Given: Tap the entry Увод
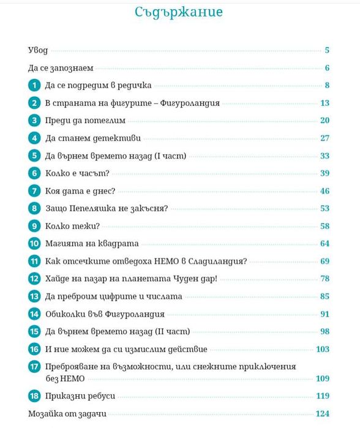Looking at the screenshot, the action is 38,50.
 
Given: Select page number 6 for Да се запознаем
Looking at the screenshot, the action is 328,68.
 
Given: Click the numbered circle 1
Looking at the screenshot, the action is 34,85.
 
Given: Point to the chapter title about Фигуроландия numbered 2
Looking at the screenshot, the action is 132,103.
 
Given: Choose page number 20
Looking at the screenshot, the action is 325,121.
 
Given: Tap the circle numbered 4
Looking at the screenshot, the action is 34,138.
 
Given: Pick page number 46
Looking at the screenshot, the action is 325,191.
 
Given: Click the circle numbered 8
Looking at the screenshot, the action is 34,209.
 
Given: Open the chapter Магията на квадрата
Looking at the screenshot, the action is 92,244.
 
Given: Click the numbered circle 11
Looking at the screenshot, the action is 34,261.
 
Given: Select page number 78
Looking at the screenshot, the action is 325,279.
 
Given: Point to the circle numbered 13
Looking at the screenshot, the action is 34,297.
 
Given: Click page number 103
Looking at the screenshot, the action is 323,350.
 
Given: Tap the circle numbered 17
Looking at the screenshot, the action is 34,367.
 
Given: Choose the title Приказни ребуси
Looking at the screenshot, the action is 80,396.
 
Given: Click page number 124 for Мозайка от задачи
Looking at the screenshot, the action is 323,414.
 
